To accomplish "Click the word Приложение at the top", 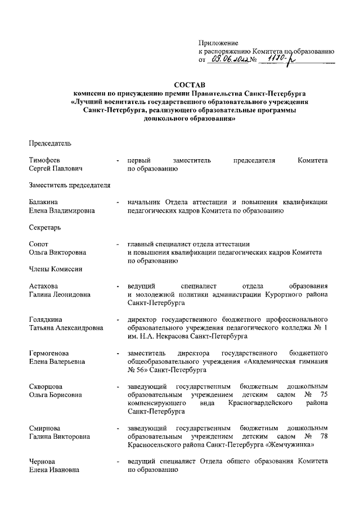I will (x=219, y=43).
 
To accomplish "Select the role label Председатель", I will (x=50, y=143).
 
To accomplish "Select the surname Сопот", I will (x=39, y=244).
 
